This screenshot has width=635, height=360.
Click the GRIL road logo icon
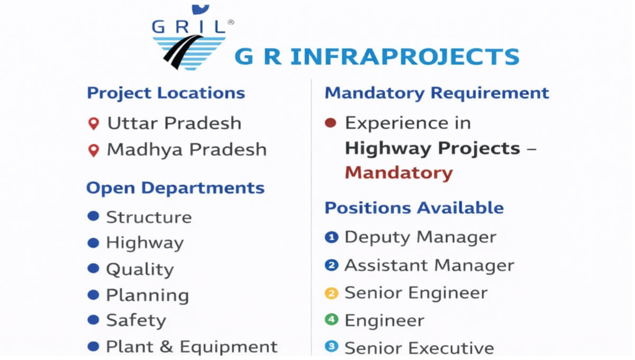(x=189, y=53)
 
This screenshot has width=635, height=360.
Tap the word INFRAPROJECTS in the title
(x=405, y=57)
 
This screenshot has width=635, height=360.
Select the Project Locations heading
(x=166, y=93)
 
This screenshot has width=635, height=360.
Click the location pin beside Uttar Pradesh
(x=94, y=124)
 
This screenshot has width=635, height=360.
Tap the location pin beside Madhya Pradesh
(x=94, y=150)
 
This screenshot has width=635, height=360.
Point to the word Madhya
(x=144, y=150)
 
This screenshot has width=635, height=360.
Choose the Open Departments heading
(x=176, y=188)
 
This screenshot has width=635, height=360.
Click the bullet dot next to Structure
(x=93, y=216)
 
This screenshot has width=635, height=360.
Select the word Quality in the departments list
(x=140, y=270)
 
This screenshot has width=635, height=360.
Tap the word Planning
(x=148, y=296)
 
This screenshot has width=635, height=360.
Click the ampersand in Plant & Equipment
(x=166, y=347)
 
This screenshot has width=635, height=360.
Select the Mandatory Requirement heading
(x=437, y=93)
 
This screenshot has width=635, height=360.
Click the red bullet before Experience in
(x=331, y=123)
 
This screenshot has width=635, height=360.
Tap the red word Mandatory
(x=398, y=173)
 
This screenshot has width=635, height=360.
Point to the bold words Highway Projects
(x=433, y=149)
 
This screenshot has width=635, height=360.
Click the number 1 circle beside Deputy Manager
(x=332, y=237)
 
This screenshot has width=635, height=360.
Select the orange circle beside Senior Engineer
(x=332, y=293)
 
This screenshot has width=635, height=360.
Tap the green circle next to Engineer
(x=332, y=320)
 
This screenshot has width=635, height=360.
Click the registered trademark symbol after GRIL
(x=231, y=22)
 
